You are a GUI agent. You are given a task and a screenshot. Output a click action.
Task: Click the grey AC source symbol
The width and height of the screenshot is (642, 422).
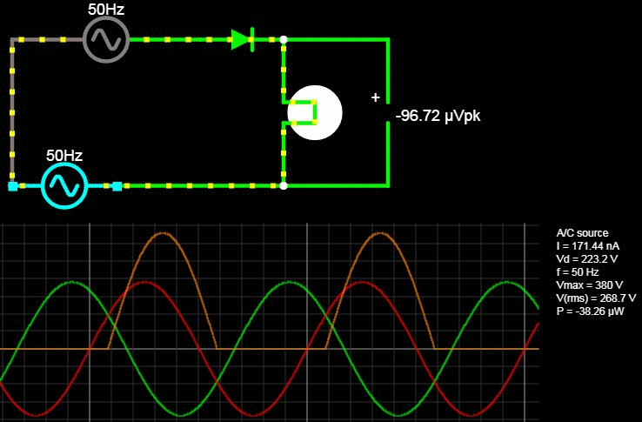click(x=106, y=40)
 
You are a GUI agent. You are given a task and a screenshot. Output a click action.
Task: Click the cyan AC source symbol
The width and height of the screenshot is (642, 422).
click(x=64, y=185)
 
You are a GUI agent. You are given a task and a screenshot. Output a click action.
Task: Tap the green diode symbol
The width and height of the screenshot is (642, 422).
click(x=243, y=39)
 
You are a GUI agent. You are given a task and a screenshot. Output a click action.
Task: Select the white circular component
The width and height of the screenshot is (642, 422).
click(x=315, y=112)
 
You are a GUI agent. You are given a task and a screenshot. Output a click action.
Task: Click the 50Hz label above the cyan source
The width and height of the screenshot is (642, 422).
click(x=64, y=156)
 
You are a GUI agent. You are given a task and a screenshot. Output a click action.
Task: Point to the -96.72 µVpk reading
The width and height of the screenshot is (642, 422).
click(x=438, y=115)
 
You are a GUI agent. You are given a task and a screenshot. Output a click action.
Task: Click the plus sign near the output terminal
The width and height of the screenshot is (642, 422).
click(x=376, y=97)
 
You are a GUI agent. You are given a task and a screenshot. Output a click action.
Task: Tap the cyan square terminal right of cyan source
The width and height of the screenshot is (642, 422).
click(x=117, y=185)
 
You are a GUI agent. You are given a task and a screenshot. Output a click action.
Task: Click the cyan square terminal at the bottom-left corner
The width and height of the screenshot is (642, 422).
click(x=12, y=185)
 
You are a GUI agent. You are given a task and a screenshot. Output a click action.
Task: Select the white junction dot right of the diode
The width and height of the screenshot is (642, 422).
click(x=284, y=39)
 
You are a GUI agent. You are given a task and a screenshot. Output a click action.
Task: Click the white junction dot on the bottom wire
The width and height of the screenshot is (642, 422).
click(x=284, y=185)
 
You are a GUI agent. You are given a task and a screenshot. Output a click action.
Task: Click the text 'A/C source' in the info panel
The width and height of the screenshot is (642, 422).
click(x=582, y=233)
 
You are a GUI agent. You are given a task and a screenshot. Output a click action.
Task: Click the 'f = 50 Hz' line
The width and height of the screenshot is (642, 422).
click(x=578, y=272)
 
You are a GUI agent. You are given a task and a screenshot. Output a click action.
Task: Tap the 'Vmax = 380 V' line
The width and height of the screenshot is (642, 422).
click(x=590, y=285)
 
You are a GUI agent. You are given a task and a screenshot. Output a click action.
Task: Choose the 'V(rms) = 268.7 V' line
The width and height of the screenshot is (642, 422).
click(x=596, y=298)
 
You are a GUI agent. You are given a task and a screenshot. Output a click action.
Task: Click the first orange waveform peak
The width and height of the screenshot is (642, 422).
click(x=163, y=234)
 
